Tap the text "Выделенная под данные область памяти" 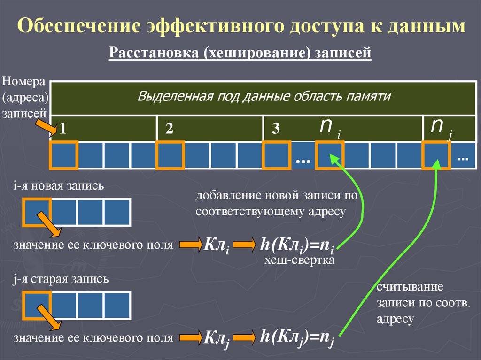[x=264, y=97]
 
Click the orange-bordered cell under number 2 [x=170, y=155]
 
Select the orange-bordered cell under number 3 [x=276, y=155]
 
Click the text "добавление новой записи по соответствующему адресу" [x=277, y=203]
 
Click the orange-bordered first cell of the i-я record [x=37, y=212]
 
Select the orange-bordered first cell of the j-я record [x=37, y=306]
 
